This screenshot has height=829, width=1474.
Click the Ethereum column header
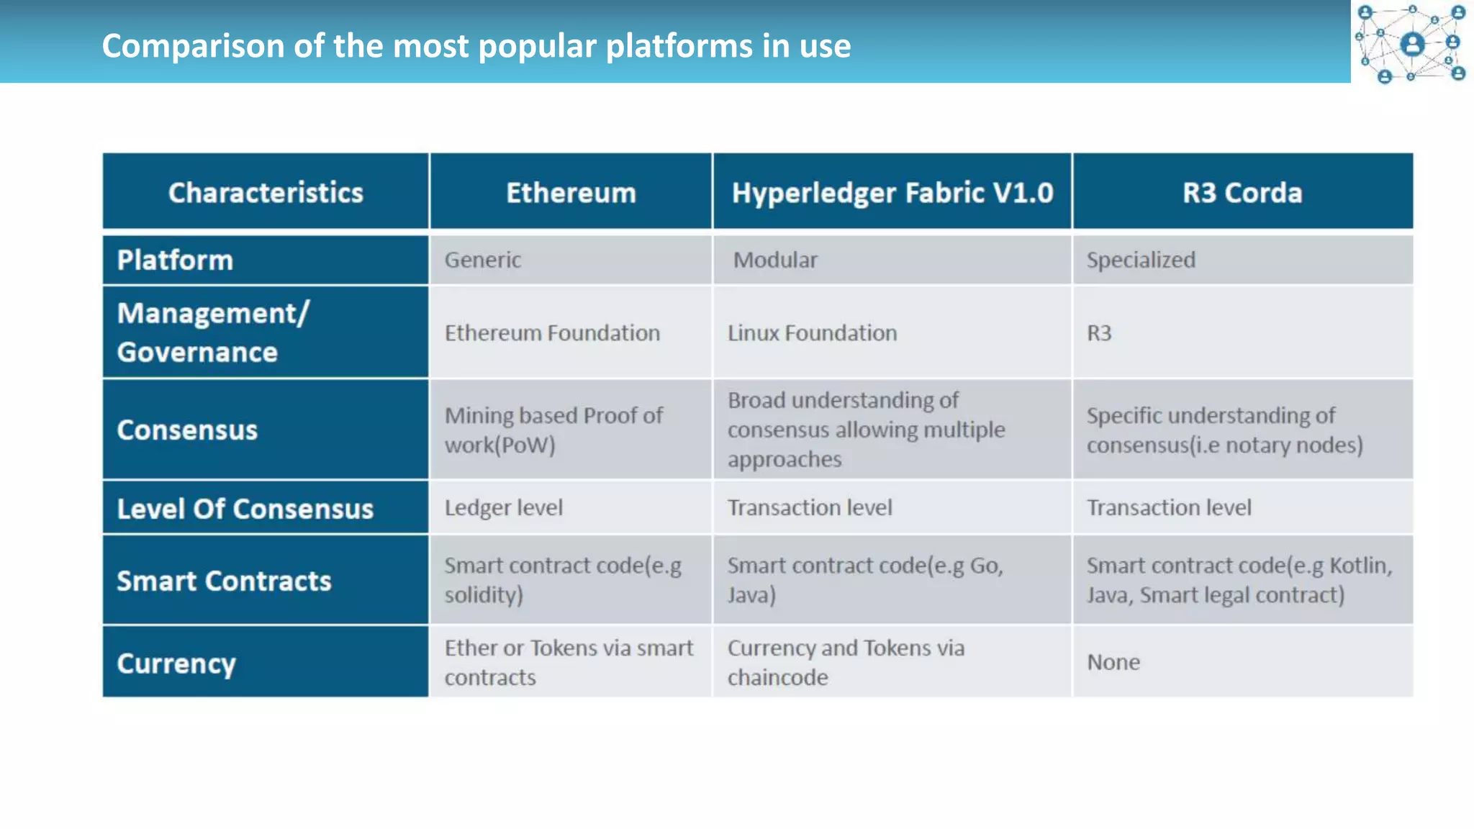point(571,193)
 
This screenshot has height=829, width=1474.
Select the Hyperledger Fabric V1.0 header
point(892,193)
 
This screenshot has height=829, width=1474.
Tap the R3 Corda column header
point(1242,193)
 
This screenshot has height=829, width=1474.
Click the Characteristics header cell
point(266,193)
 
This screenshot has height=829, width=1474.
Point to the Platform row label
point(175,261)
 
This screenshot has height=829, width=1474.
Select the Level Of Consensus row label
point(245,509)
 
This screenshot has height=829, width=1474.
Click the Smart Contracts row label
point(224,581)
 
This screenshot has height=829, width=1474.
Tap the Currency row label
point(176,663)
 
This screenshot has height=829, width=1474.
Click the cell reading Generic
point(483,260)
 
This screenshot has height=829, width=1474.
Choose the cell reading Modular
point(775,260)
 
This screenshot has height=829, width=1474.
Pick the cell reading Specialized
point(1141,260)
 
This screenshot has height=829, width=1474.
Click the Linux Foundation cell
point(812,333)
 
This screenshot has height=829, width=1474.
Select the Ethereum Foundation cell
point(552,333)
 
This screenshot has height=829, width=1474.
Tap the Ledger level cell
point(503,508)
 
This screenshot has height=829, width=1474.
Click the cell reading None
point(1113,662)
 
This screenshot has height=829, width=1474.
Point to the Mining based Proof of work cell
point(553,430)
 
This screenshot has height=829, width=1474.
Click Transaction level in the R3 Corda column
point(1169,508)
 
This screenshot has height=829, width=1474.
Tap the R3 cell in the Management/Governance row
point(1099,333)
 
